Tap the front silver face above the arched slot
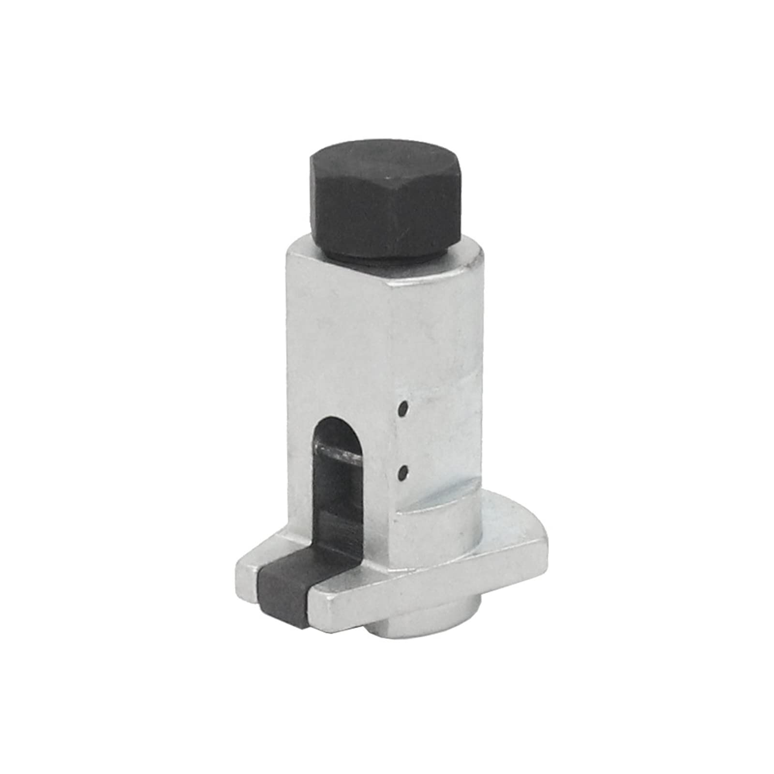(339, 348)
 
